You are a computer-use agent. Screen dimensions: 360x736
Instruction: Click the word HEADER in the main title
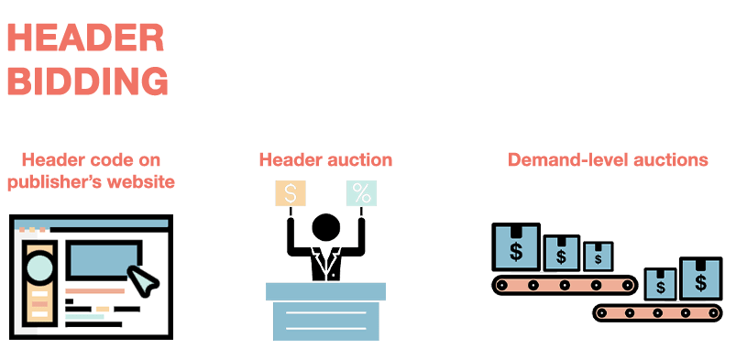point(85,38)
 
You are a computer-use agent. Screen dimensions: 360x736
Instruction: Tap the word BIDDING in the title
point(87,82)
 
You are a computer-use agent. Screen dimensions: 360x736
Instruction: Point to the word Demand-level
point(563,159)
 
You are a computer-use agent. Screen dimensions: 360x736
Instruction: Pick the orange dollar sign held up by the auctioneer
point(291,193)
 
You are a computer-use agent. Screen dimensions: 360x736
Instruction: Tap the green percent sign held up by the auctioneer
point(361,193)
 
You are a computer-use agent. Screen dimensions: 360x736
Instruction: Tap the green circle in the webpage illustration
point(40,267)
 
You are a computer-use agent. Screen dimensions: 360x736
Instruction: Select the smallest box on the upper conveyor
point(598,256)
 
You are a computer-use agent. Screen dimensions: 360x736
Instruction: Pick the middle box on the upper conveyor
point(560,253)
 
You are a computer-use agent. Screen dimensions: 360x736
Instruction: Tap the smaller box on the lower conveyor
point(659,284)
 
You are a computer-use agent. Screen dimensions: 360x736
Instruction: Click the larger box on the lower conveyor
point(701,278)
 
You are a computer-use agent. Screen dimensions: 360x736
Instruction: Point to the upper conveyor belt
point(565,285)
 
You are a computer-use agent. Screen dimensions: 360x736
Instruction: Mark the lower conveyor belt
point(657,312)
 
